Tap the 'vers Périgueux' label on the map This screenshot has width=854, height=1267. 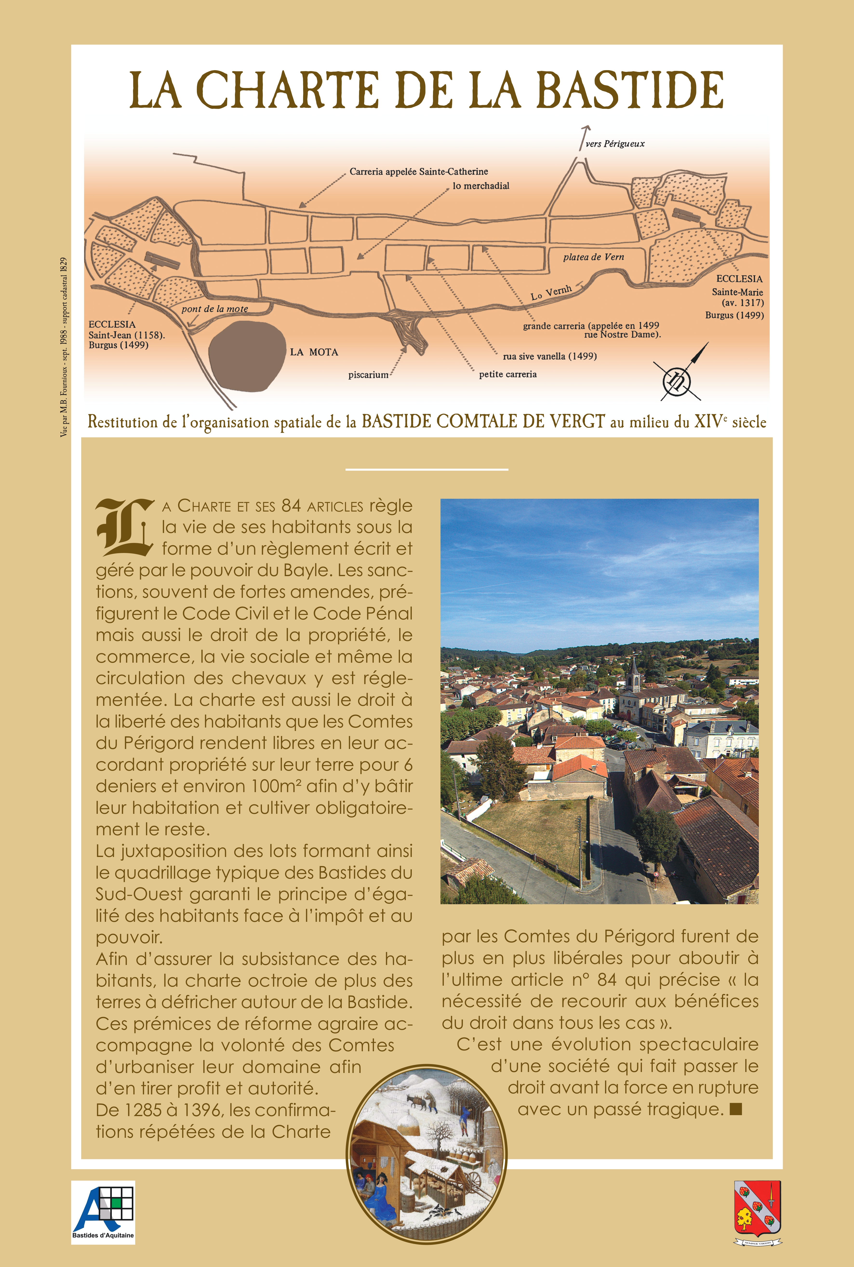(615, 144)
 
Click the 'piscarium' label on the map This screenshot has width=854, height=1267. (368, 375)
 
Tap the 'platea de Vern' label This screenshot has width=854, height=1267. (593, 257)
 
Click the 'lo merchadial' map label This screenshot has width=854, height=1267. (481, 186)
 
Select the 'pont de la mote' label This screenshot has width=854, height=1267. (215, 309)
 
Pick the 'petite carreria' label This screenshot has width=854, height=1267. (508, 374)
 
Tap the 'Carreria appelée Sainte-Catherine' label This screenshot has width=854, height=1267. (418, 172)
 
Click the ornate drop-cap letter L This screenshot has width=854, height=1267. (124, 527)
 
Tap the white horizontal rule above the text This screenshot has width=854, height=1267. (427, 469)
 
